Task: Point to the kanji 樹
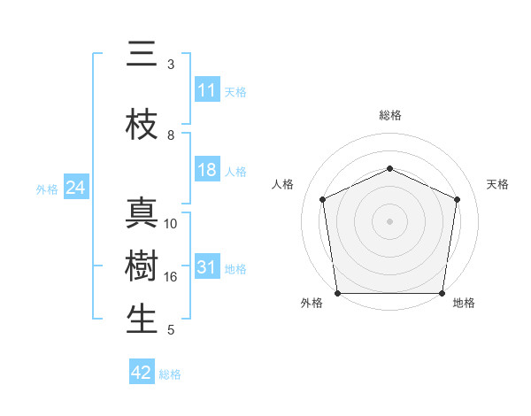point(142,266)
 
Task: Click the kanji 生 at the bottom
point(142,320)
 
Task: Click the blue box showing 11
point(207,90)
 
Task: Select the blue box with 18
point(207,170)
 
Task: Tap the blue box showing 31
point(207,268)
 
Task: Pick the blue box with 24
point(76,189)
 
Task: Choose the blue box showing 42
point(142,373)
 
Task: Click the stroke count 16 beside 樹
point(171,277)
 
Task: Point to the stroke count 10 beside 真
point(171,224)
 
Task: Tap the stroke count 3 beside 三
point(171,65)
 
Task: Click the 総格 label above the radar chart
point(389,115)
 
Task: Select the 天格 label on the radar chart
point(497,184)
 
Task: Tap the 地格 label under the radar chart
point(463,303)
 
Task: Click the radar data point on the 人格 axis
point(322,199)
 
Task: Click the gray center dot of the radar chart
point(389,221)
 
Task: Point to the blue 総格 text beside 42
point(170,374)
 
